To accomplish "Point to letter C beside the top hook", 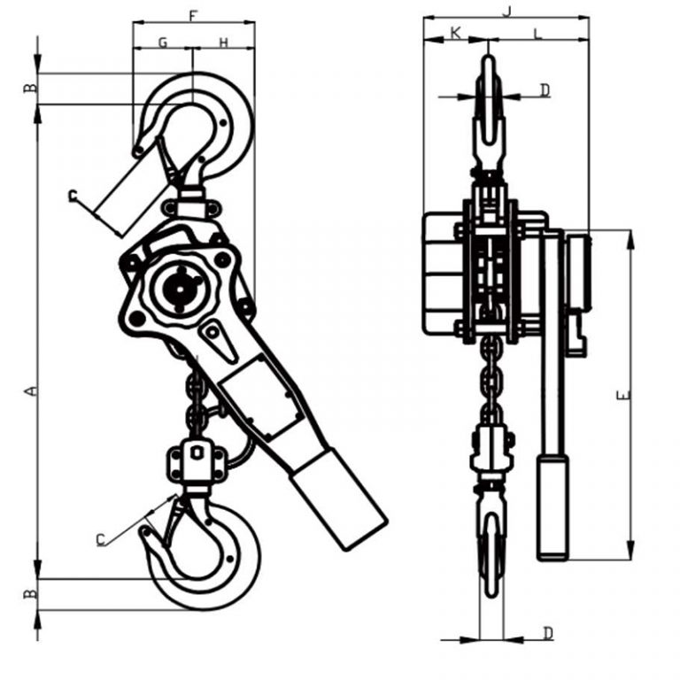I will coord(73,196).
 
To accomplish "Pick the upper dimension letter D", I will coord(545,89).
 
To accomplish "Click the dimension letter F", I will coord(194,15).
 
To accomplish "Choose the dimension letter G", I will coord(163,42).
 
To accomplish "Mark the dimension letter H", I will coord(223,42).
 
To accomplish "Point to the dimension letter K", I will coord(455,33).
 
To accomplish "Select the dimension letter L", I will coord(537,33).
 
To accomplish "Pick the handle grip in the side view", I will coord(553,505).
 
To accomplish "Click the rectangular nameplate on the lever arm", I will coord(261,398).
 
